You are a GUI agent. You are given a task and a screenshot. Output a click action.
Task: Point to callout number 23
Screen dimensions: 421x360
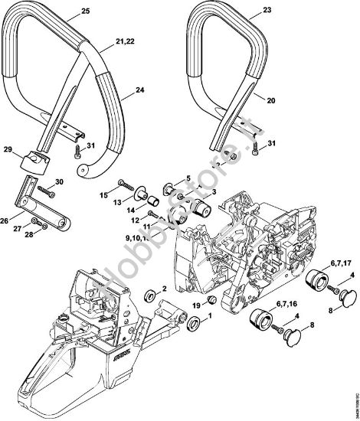267,11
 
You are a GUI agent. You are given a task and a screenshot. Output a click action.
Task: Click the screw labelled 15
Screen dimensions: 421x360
126,182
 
